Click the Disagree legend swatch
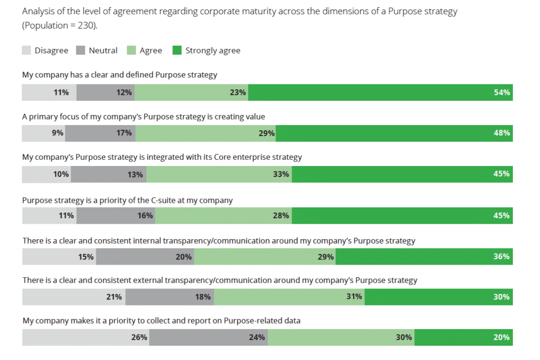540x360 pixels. (x=26, y=50)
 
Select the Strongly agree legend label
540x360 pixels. (x=213, y=51)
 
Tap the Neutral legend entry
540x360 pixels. (x=102, y=51)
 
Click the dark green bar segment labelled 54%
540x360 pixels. (x=380, y=93)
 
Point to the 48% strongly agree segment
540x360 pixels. (x=393, y=133)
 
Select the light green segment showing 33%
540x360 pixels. (x=219, y=174)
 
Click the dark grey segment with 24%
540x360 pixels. (x=208, y=337)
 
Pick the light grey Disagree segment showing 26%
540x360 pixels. (x=85, y=337)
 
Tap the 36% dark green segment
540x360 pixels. (x=424, y=256)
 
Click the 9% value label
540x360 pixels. (x=58, y=133)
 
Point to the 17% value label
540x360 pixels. (x=124, y=133)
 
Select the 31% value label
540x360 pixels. (x=354, y=297)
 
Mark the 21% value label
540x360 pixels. (x=114, y=297)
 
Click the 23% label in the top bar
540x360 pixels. (x=237, y=93)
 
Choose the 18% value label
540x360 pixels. (x=203, y=297)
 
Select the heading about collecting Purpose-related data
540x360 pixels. (x=161, y=320)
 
